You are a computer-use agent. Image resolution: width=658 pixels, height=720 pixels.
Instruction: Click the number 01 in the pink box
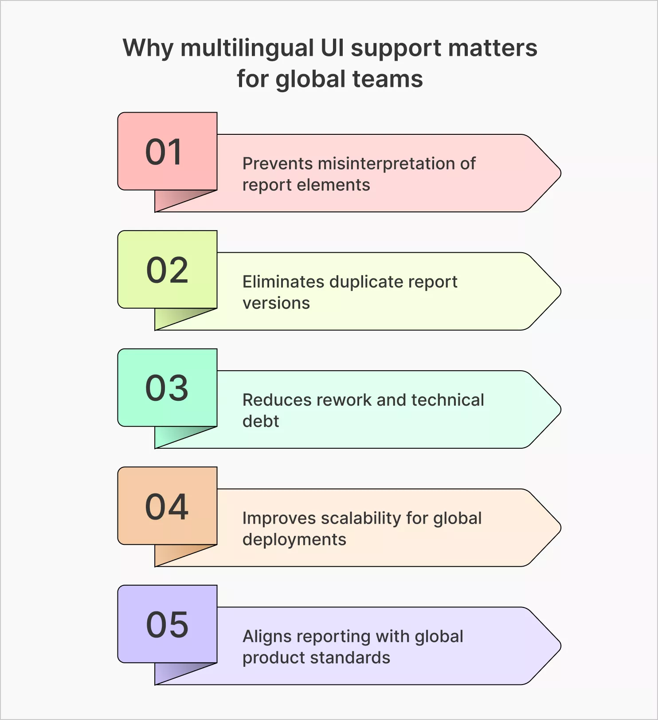coord(164,152)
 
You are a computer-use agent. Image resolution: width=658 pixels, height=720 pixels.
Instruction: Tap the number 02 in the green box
coord(167,270)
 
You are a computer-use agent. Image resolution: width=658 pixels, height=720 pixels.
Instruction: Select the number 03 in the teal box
coord(167,388)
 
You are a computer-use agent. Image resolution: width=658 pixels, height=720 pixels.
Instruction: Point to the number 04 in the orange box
coord(167,507)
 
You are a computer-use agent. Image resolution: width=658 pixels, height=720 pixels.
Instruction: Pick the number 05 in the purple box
coord(167,625)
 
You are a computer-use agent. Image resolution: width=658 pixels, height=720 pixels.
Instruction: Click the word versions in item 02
coord(276,303)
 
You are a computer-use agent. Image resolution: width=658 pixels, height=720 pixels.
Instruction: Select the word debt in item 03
coord(261,421)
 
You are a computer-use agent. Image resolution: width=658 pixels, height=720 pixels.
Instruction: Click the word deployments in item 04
coord(294,540)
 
